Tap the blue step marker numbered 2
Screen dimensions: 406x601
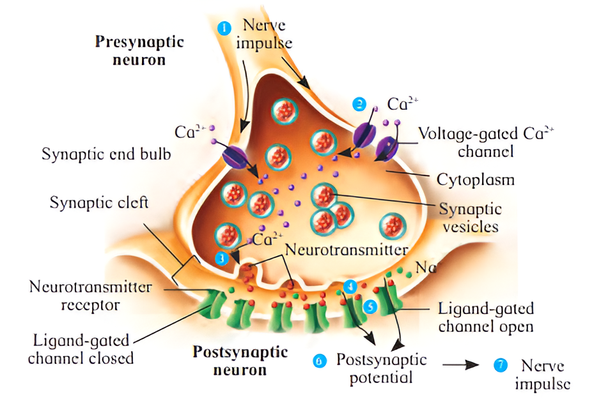click(360, 103)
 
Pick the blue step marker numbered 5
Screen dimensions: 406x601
click(370, 306)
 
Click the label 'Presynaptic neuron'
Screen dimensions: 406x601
click(139, 51)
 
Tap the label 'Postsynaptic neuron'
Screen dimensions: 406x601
click(240, 360)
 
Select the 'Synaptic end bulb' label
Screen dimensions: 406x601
click(106, 154)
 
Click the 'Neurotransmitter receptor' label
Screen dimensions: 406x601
click(91, 296)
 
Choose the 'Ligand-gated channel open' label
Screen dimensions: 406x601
click(486, 317)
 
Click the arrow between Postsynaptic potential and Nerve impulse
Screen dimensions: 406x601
click(462, 365)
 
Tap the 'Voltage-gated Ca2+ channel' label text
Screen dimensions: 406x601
click(486, 142)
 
